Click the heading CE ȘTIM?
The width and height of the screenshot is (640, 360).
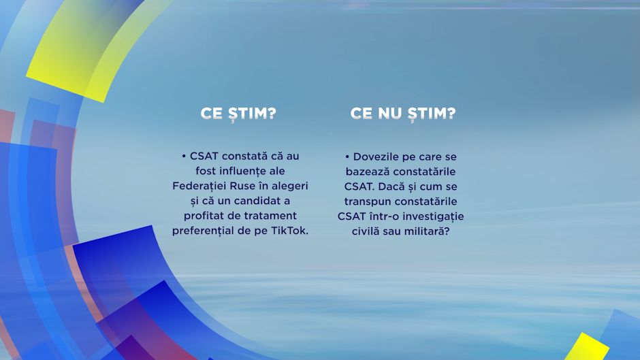point(238,114)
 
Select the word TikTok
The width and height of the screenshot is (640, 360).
point(290,231)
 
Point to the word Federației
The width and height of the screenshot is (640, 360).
point(199,186)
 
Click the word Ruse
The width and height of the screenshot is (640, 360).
point(242,186)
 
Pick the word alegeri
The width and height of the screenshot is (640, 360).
point(290,186)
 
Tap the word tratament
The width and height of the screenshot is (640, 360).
point(268,216)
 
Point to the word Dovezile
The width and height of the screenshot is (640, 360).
point(376,157)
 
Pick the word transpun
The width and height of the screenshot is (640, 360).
point(368,202)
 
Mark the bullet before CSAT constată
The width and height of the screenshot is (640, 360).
point(184,157)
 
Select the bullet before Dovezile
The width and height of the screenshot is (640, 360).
point(347,157)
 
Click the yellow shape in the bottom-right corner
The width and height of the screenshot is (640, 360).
point(587,348)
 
